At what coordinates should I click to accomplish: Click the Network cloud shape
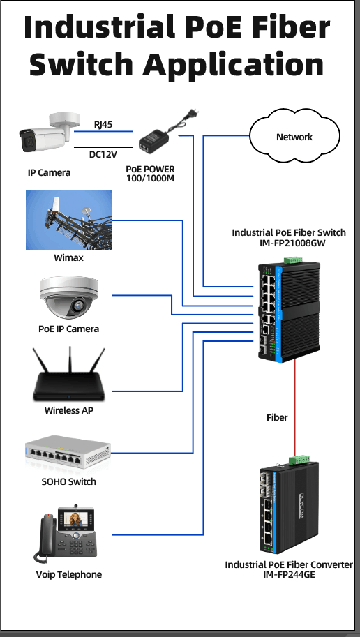tap(294, 137)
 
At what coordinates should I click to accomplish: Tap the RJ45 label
tap(103, 125)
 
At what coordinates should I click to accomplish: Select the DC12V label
tap(103, 154)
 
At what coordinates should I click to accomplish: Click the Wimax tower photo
tap(68, 220)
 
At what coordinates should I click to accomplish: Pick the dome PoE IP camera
tap(68, 297)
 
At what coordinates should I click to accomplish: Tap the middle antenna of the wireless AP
tap(70, 359)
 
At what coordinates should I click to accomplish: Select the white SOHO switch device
tap(68, 452)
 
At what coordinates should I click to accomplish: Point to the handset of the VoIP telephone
tap(45, 538)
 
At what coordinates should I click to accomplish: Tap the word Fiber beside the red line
tap(277, 417)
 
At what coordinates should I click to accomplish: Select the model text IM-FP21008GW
tap(289, 243)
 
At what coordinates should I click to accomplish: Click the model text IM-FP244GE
tap(289, 574)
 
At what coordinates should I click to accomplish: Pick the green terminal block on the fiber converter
tap(299, 460)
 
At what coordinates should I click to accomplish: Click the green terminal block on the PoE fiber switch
tap(293, 260)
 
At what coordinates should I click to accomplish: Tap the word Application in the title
tap(233, 63)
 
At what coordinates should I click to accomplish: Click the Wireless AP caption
tap(68, 410)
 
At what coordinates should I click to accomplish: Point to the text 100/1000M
tap(150, 177)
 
